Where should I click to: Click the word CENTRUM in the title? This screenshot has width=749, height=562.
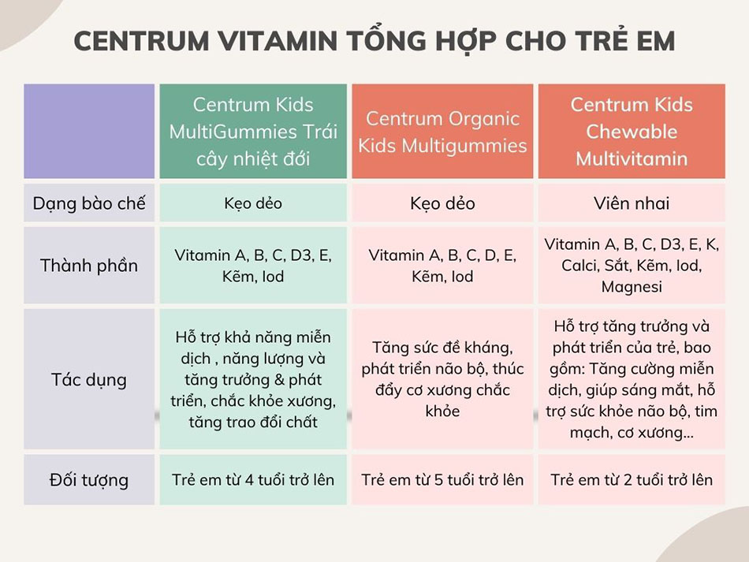tap(141, 40)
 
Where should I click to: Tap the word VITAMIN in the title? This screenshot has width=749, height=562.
tap(278, 40)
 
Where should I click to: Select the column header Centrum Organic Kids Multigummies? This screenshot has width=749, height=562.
tap(442, 132)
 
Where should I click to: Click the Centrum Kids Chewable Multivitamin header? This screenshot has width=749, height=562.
tap(632, 132)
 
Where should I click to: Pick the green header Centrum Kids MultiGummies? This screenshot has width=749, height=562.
tap(253, 132)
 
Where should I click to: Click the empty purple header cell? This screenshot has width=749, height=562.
tap(89, 132)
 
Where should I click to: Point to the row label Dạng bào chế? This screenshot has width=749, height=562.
tap(89, 203)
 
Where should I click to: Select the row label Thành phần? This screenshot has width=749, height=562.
tap(89, 266)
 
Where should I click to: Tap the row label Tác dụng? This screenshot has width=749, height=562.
tap(89, 380)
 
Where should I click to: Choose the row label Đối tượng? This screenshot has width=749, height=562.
tap(89, 480)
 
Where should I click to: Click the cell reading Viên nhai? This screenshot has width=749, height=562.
tap(632, 203)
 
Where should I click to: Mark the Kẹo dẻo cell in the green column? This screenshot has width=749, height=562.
tap(253, 203)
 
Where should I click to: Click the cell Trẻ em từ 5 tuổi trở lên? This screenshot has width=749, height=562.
tap(442, 480)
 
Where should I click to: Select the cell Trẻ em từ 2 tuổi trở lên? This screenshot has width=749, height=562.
tap(632, 480)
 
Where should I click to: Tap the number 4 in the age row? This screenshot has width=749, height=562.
tap(249, 480)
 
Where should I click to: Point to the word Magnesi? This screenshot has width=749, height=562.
tap(632, 287)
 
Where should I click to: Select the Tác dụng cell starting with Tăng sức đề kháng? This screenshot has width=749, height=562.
tap(442, 379)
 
